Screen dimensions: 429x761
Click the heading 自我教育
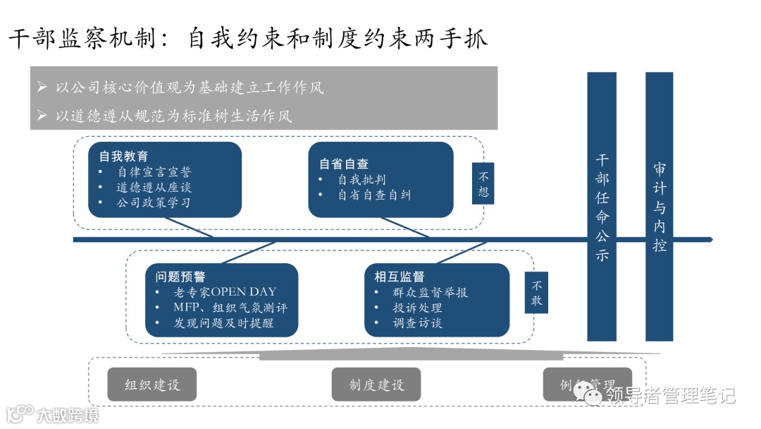tap(123, 156)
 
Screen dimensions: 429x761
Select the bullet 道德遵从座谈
tap(153, 187)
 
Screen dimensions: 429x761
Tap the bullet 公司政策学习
tap(153, 203)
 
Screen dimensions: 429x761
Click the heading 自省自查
tap(344, 164)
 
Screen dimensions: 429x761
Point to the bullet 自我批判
tap(361, 179)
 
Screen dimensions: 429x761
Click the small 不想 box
tap(483, 183)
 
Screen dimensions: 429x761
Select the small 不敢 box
tap(536, 293)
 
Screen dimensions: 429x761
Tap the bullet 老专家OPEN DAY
tap(225, 292)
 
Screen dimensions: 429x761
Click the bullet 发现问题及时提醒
tap(223, 323)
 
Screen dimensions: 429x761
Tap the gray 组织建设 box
tap(152, 385)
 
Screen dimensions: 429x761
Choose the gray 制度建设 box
tap(376, 385)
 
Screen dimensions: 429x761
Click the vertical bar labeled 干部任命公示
tap(601, 208)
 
